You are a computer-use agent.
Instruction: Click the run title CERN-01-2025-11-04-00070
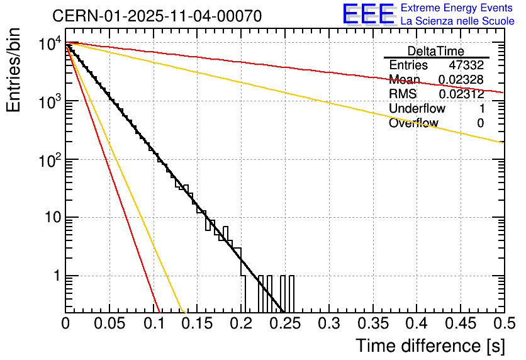[157, 16]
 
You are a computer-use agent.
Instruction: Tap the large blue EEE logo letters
[367, 14]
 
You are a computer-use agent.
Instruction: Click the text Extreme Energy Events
[457, 8]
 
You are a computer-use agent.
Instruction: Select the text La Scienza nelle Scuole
[457, 21]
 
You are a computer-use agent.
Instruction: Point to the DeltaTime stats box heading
[436, 51]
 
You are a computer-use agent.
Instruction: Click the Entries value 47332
[466, 65]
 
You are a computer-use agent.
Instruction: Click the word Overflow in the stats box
[413, 123]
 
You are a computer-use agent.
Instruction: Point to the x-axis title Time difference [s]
[429, 346]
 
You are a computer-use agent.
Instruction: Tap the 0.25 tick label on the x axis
[284, 325]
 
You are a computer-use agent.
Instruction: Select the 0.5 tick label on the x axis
[503, 325]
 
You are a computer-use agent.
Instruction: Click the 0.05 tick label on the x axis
[109, 325]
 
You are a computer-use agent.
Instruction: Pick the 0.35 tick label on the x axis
[372, 325]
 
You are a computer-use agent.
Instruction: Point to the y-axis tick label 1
[56, 276]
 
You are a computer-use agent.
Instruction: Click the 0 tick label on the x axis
[65, 325]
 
